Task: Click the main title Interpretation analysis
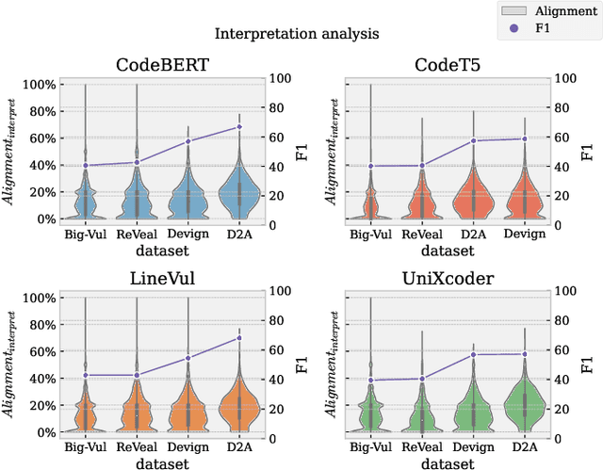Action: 297,34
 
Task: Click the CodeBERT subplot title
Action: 162,65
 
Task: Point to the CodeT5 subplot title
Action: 447,65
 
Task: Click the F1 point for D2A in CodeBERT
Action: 239,126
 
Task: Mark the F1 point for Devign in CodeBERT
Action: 187,141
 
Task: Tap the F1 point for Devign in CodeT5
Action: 524,138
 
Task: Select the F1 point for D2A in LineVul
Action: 239,338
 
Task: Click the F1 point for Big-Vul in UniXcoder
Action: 370,381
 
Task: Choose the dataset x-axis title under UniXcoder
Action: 447,463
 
